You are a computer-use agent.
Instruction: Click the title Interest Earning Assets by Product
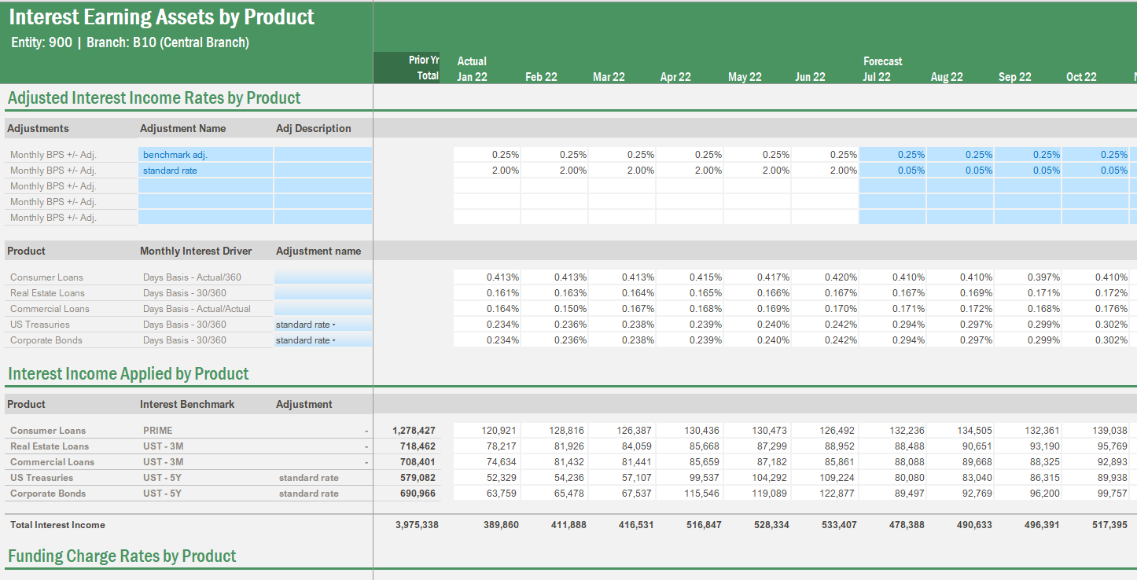point(161,17)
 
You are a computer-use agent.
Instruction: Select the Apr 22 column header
point(675,77)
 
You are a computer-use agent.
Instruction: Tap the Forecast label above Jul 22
point(882,61)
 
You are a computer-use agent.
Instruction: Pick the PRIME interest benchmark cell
point(158,431)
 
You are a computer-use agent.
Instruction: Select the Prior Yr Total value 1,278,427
point(414,431)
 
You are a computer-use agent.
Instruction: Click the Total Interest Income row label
point(57,525)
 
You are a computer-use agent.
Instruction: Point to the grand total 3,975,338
point(417,525)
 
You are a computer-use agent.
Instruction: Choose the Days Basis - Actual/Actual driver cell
point(196,309)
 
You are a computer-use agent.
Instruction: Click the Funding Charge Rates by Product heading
point(122,556)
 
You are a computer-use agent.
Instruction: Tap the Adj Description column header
point(314,128)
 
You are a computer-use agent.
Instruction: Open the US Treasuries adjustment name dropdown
point(333,325)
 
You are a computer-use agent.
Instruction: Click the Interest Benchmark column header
point(187,404)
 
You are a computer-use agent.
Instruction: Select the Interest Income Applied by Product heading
point(128,374)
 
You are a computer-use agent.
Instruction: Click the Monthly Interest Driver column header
point(196,251)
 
